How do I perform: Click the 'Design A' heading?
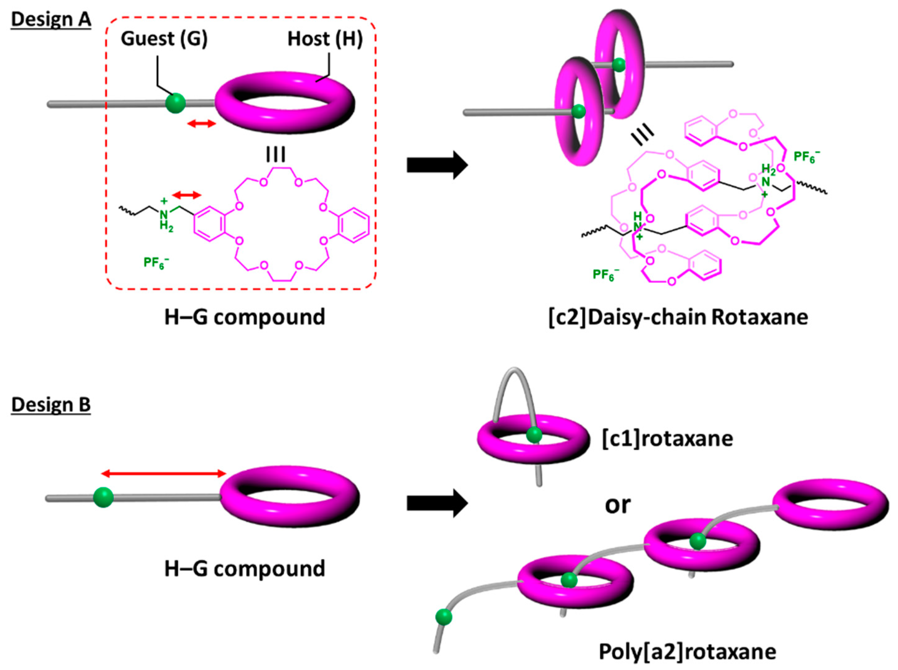(x=51, y=19)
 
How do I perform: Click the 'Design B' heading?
(x=51, y=404)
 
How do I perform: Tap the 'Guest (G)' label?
(x=164, y=39)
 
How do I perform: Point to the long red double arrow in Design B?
(x=163, y=473)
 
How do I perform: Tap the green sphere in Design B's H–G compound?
(x=103, y=497)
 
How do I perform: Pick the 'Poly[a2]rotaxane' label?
(x=688, y=652)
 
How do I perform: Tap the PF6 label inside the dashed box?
(x=156, y=262)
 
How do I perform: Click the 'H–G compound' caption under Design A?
(x=245, y=317)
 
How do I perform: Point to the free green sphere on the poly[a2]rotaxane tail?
(x=444, y=617)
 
